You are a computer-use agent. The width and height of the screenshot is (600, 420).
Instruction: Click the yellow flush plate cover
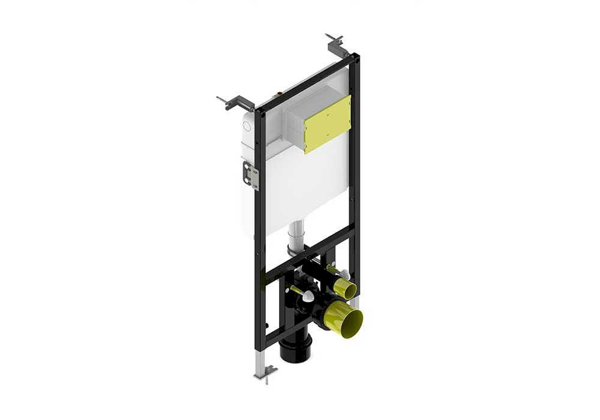[x=328, y=124]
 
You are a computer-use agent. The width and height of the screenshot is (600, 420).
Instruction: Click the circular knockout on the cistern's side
[x=246, y=126]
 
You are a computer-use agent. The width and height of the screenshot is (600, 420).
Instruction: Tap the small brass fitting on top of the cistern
[x=278, y=94]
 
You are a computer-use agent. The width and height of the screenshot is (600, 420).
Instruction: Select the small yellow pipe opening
[x=345, y=289]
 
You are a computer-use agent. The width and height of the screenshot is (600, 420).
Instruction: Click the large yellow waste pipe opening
[x=344, y=319]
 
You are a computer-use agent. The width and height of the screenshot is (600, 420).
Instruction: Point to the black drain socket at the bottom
[x=295, y=350]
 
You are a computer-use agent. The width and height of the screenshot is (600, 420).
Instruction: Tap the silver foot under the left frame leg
[x=265, y=372]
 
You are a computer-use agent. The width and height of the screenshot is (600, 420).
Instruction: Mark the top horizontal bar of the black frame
[x=306, y=82]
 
